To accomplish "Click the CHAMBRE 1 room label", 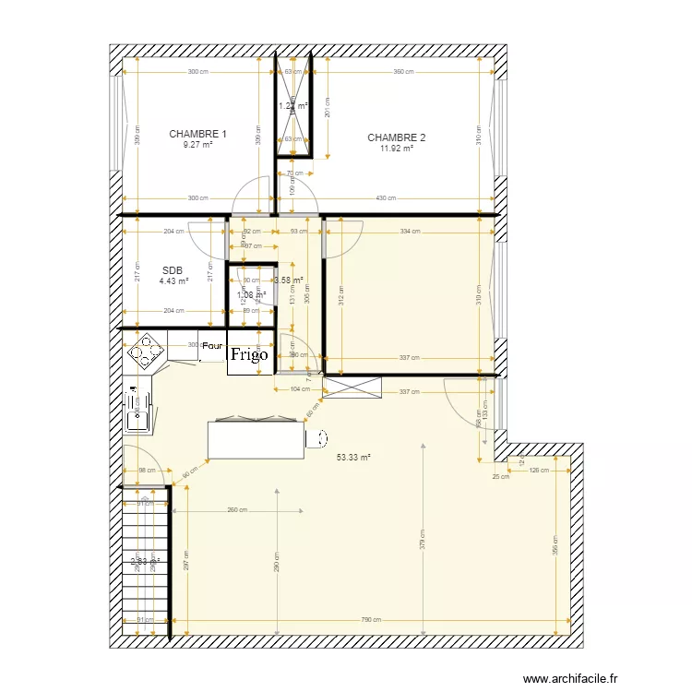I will coord(197,134).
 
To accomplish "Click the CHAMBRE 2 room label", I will coord(396,138).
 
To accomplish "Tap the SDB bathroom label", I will coord(173,270).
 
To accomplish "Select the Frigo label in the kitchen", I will coord(249,354).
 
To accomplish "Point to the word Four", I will coord(212,346).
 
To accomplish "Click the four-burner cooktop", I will coord(145,352).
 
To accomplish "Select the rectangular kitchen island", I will coord(256,439).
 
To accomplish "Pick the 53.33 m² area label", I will coord(353,457).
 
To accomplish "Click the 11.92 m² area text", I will coord(396,149).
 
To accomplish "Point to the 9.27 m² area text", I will coord(197,145).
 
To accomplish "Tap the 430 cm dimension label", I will coord(386,197).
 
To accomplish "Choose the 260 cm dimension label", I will coord(236,510).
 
